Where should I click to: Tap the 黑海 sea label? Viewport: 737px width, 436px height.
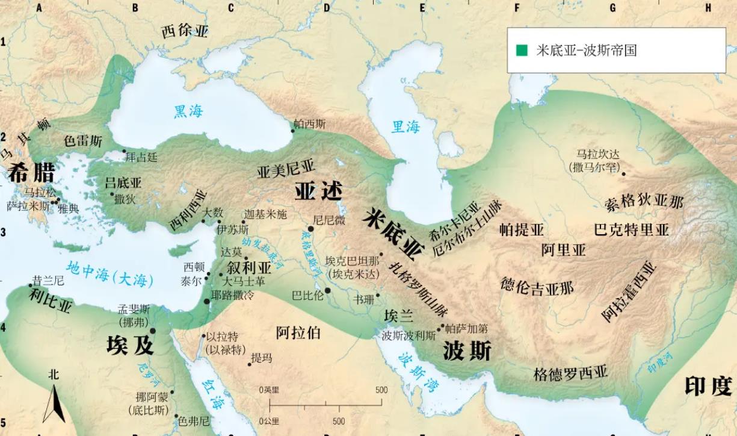coord(188,111)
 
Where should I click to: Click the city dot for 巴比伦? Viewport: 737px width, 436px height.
coord(328,291)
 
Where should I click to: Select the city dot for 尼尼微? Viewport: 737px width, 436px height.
coord(310,229)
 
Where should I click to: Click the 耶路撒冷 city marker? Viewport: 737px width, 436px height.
coord(208,301)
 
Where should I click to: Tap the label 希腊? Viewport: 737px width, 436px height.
coord(31,173)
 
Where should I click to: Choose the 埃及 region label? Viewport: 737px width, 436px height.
coord(130,345)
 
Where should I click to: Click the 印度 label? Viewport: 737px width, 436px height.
coord(708,385)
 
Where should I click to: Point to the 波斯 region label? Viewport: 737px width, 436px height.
coord(467,350)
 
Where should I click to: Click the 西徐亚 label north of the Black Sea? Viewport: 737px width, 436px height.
coord(185,31)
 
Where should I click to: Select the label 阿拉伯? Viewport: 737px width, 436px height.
coord(298,332)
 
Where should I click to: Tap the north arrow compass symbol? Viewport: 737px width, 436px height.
coord(54,400)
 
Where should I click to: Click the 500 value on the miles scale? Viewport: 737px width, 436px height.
coord(381,390)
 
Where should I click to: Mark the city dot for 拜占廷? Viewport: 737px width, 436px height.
coord(124,151)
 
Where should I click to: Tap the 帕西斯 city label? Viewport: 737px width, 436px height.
coord(310,123)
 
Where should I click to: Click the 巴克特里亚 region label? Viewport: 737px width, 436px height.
coord(631,229)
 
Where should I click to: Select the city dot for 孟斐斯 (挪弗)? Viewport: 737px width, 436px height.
coord(153,331)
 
